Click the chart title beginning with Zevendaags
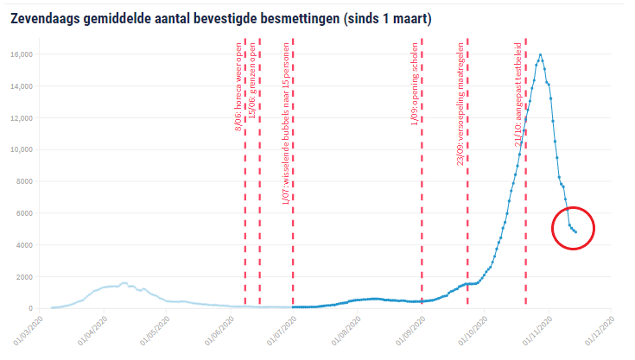221,17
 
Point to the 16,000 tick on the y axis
21,54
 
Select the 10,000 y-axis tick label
21,149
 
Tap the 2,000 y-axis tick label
23,277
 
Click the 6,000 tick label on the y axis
23,213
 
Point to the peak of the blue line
541,55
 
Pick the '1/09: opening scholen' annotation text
415,86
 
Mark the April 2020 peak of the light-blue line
124,283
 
